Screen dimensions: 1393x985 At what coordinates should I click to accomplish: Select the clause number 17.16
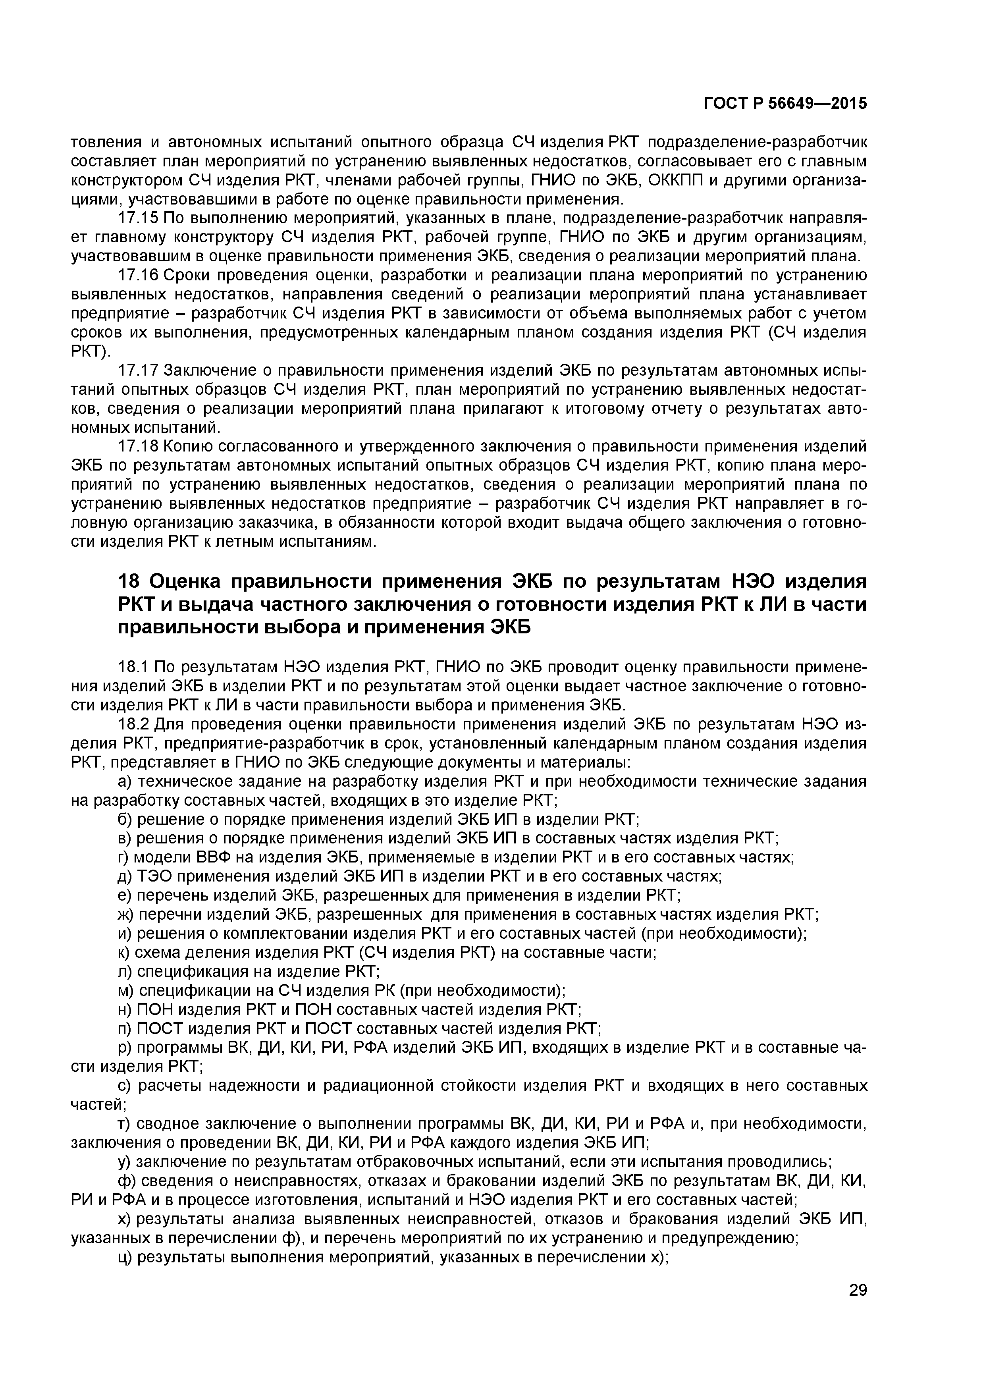(x=138, y=276)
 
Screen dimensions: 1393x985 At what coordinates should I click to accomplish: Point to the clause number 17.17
(x=138, y=371)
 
